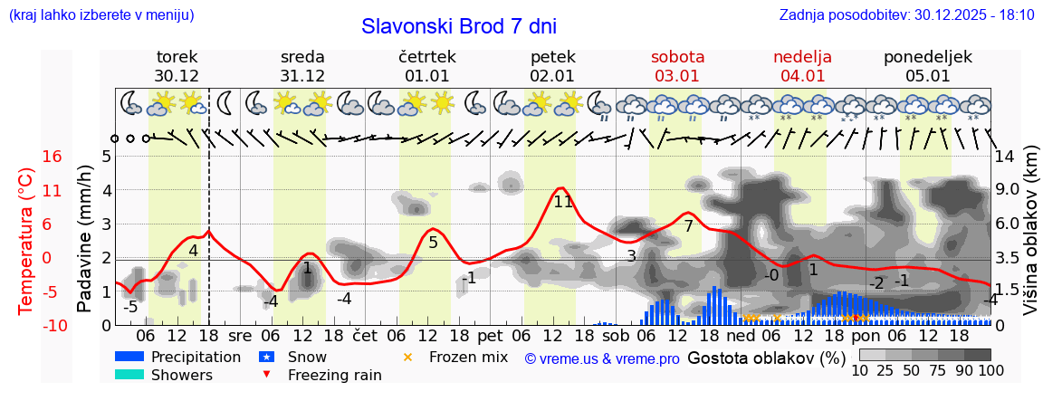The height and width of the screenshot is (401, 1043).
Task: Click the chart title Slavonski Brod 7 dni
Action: point(459,26)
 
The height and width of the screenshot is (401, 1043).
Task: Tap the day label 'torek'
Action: point(177,56)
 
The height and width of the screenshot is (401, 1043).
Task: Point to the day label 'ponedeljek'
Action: point(928,56)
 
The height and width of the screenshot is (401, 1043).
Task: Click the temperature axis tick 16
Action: point(52,157)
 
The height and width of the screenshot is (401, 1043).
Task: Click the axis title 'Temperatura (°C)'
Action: point(27,240)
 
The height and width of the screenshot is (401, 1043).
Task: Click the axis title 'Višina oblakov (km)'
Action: point(1031,240)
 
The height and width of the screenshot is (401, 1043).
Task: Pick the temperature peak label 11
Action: point(563,202)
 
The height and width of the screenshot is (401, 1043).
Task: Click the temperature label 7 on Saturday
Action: point(688,226)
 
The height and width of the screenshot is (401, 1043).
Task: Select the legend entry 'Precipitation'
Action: point(196,357)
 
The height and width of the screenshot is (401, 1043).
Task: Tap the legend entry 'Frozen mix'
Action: point(468,357)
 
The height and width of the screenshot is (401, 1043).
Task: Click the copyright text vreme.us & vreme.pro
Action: point(602,358)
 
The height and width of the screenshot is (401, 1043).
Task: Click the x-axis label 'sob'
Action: point(615,335)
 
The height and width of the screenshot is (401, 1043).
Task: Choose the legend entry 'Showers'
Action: point(182,375)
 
